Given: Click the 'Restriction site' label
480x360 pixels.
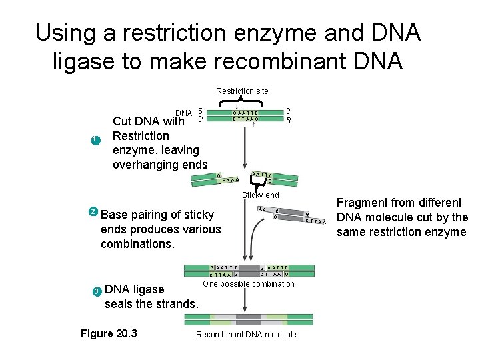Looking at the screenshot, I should point(242,91).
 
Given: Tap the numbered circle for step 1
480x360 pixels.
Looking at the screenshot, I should point(95,140).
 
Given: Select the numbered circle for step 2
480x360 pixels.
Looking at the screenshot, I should point(93,212).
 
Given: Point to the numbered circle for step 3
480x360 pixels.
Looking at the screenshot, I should point(97,291).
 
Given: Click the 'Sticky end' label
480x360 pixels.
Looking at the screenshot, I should point(261,195).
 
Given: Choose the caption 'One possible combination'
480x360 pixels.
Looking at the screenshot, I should point(248,284).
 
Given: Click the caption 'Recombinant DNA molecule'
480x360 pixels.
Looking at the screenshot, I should point(246,334).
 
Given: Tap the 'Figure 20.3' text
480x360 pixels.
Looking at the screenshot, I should point(109,333).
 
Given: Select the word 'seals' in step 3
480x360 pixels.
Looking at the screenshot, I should point(120,304).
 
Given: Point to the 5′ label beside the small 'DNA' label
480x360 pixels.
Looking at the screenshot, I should point(200,111).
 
